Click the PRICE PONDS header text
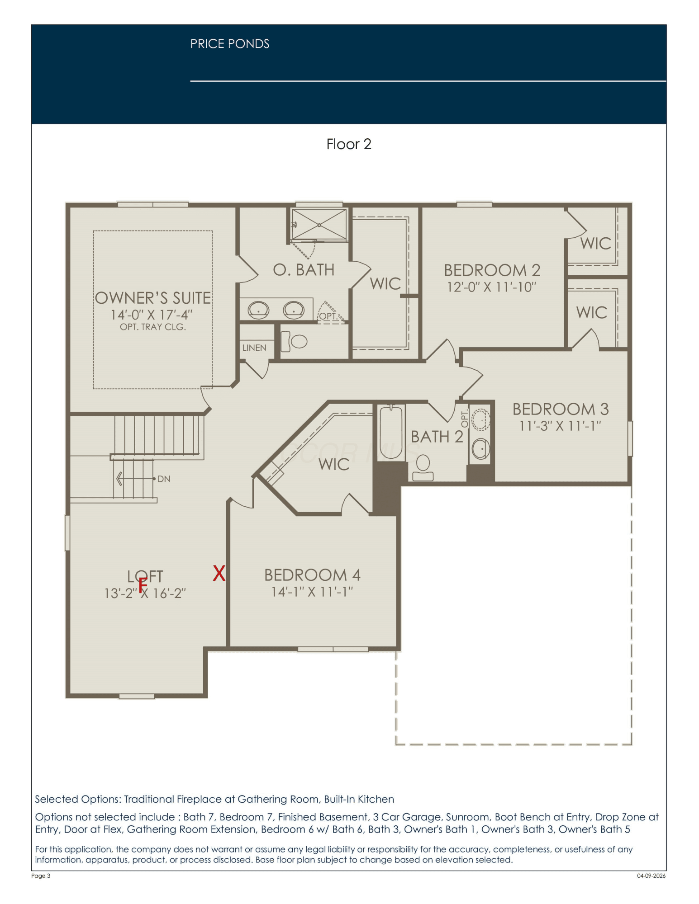[230, 44]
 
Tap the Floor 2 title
[349, 144]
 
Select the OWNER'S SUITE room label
[153, 298]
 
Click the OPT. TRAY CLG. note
[153, 327]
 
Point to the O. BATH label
[304, 270]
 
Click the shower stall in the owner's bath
[319, 225]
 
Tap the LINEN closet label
[254, 348]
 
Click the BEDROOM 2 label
[492, 270]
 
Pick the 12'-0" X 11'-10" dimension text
[491, 287]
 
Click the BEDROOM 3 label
[561, 409]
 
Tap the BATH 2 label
[437, 437]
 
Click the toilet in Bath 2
[423, 468]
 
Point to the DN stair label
[164, 479]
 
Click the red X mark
[219, 573]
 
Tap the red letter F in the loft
[143, 584]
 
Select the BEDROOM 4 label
[312, 575]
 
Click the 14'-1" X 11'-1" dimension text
[312, 592]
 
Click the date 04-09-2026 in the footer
[651, 876]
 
